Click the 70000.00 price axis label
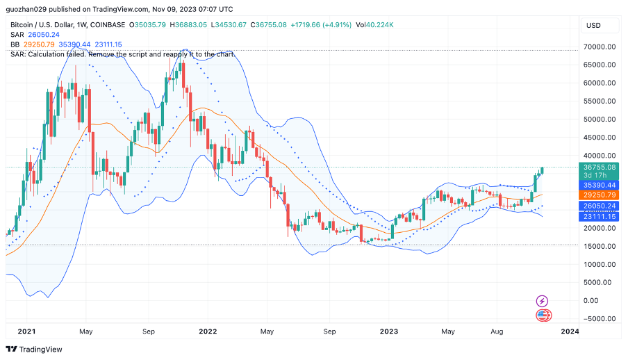point(601,47)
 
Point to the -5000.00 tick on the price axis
point(601,319)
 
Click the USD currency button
point(594,26)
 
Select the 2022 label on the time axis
point(208,332)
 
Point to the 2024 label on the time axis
point(569,332)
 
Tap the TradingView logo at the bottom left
point(35,349)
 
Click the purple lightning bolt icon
point(543,301)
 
